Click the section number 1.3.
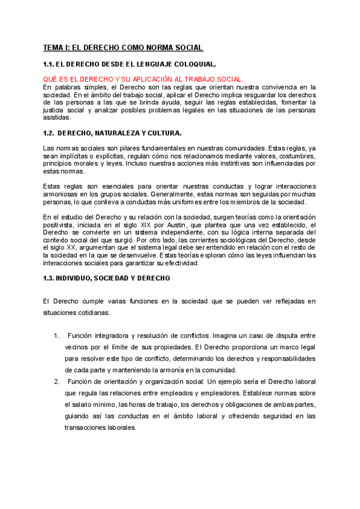(x=50, y=278)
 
